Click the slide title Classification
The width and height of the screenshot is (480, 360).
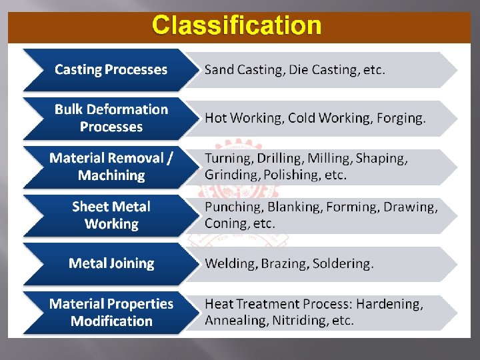(x=237, y=26)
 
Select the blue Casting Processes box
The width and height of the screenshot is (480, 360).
(x=111, y=69)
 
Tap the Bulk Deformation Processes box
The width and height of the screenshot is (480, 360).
(x=111, y=118)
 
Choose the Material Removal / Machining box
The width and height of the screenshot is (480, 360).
(x=111, y=167)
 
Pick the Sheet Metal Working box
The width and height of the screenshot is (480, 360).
(x=111, y=215)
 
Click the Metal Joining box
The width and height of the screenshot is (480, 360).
(x=111, y=263)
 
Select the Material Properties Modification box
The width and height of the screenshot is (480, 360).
(x=111, y=312)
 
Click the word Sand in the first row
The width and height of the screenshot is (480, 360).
(x=219, y=69)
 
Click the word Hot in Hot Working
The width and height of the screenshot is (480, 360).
(x=216, y=118)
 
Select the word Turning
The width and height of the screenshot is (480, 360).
(x=227, y=159)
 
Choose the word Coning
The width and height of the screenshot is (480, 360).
(x=224, y=224)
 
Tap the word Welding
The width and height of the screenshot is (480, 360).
(x=230, y=263)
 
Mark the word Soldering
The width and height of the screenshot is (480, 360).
(x=343, y=263)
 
